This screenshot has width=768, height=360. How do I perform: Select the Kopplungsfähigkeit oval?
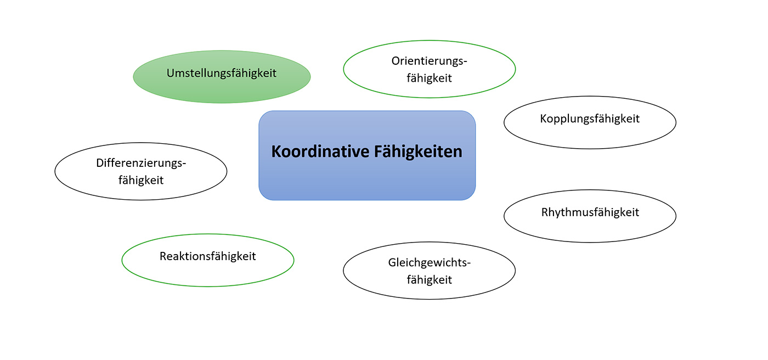[590, 134]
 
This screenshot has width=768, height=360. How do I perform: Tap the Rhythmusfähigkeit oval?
[590, 228]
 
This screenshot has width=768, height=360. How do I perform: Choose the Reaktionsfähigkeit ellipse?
[207, 272]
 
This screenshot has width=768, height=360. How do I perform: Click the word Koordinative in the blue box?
[319, 151]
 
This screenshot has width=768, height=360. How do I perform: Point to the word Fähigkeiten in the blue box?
[419, 151]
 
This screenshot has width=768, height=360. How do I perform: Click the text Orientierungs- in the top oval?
[430, 61]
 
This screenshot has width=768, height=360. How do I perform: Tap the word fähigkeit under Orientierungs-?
[430, 78]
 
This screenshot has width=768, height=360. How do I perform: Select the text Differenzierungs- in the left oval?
[141, 163]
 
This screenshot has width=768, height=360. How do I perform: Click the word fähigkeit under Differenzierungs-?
[141, 180]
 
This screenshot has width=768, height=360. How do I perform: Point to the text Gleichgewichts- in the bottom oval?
[430, 262]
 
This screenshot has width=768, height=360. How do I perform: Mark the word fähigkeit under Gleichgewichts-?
[430, 279]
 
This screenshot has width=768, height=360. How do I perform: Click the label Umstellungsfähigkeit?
[222, 73]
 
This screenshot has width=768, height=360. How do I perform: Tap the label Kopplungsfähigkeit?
[590, 119]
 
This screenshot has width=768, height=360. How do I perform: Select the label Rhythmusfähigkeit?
[590, 212]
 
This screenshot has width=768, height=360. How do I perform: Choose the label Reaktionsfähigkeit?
[207, 256]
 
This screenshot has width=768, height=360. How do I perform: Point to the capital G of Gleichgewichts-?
[392, 262]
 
